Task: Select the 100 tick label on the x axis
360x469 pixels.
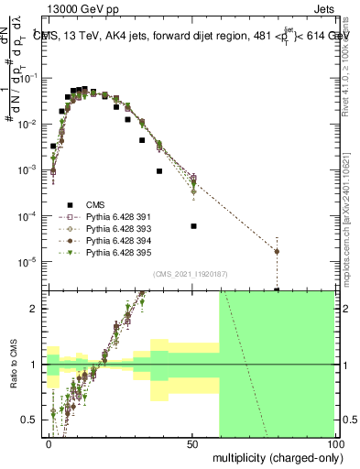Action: [334, 443]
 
